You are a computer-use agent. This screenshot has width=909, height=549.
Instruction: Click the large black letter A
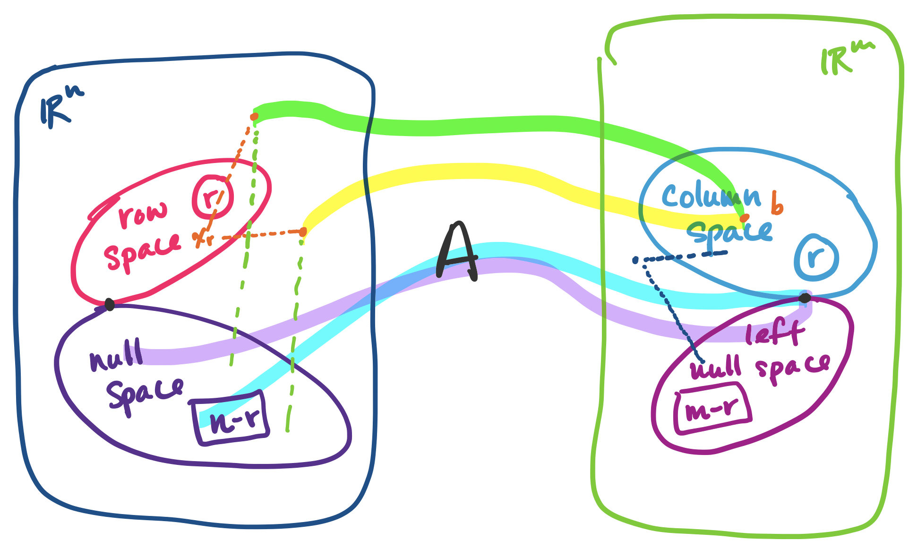click(x=456, y=253)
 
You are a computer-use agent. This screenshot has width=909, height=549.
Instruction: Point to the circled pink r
click(x=213, y=197)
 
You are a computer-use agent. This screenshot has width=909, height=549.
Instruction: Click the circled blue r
click(x=816, y=257)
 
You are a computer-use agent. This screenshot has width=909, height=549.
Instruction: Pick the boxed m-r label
click(x=712, y=408)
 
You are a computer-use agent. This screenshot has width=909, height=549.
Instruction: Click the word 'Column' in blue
click(x=711, y=196)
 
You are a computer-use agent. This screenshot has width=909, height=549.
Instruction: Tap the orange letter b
click(x=777, y=203)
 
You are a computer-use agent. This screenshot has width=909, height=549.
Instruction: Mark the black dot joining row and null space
click(x=110, y=305)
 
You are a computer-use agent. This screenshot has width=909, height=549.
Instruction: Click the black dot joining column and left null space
click(x=805, y=298)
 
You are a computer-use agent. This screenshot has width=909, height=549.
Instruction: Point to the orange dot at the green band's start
click(x=254, y=116)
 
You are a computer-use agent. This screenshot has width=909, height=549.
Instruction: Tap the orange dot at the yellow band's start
click(x=303, y=232)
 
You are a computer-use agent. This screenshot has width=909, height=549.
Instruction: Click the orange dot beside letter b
click(x=744, y=218)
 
